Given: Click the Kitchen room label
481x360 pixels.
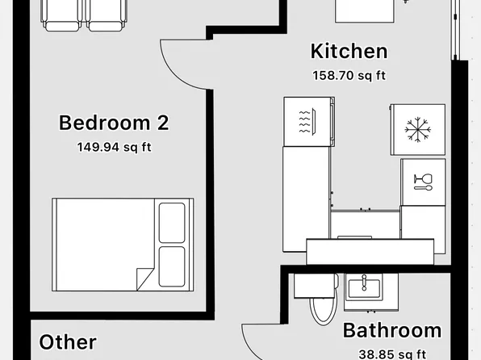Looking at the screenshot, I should coord(349,52).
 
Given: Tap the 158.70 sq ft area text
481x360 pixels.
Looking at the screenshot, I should coord(349,76).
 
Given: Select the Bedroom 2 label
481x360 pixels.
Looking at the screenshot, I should coord(114,123).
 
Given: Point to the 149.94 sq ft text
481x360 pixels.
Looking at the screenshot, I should coord(114,147).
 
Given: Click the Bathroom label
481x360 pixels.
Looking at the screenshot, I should coord(392,330).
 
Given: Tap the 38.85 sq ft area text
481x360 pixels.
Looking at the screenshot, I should coord(392,353).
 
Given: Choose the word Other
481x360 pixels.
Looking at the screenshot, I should coord(68,342).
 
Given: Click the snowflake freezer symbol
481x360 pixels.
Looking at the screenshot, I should coord(417,128).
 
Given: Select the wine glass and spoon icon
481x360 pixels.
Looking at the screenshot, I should coord(422,182).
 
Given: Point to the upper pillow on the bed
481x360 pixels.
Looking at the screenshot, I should coord(172,222).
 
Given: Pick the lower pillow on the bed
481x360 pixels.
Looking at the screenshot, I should coord(172,266).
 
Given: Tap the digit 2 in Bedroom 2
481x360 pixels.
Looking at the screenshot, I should coord(161,123).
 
